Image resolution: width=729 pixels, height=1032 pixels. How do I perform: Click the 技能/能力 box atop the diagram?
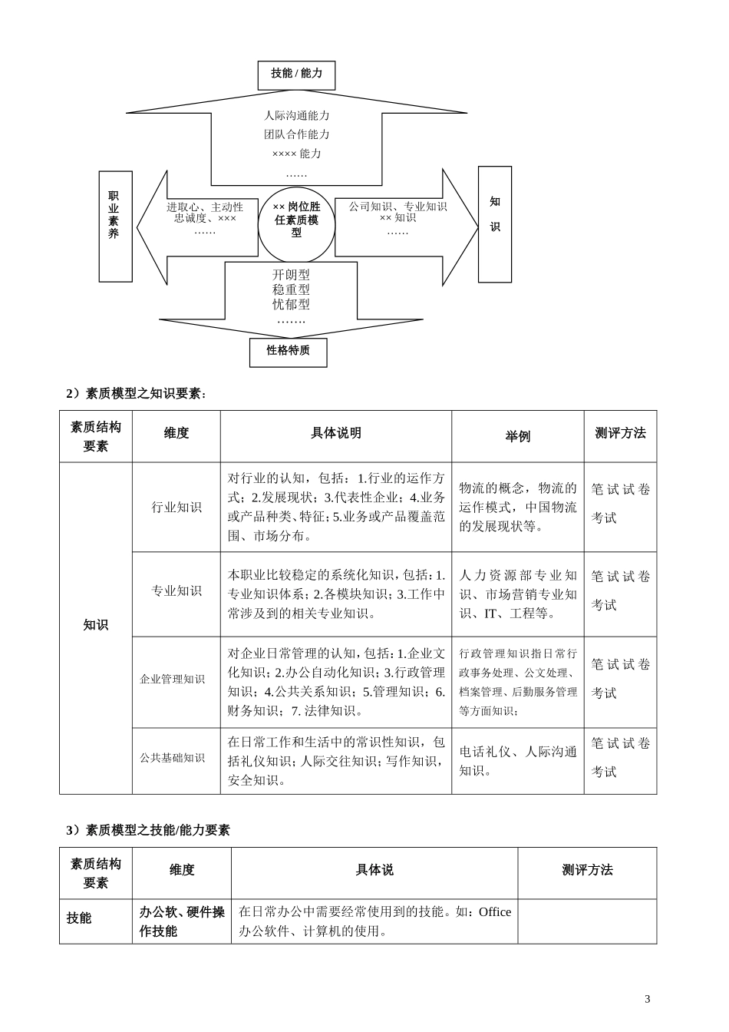pos(296,74)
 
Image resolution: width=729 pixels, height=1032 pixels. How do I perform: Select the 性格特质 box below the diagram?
pos(288,352)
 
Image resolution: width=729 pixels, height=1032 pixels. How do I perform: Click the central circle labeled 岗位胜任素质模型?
pos(296,220)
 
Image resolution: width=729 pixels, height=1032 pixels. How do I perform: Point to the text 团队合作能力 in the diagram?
pos(297,134)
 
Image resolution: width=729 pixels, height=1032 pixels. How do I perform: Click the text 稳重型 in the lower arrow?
pos(291,289)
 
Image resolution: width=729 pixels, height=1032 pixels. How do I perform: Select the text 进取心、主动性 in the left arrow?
pos(205,207)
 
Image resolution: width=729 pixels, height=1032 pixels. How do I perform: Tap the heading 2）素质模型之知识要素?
pos(137,394)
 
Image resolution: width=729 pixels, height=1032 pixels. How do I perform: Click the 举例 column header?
pos(517,436)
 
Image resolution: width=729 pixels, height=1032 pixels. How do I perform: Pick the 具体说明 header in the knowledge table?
pos(335,434)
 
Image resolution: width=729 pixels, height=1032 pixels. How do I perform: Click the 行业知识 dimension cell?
pos(176,508)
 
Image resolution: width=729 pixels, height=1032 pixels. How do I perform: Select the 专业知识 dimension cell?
pos(176,591)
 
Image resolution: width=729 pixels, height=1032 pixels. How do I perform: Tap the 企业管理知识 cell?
pos(173,680)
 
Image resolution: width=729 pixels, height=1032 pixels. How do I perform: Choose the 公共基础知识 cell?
pos(173,758)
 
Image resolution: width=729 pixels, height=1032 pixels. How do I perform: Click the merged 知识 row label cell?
pos(96,625)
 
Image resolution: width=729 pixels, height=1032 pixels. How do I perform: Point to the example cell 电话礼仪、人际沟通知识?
pos(518,761)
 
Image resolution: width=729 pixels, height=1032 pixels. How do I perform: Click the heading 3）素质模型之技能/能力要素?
pos(148,830)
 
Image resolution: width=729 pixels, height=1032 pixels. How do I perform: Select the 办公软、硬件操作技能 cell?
pos(182,921)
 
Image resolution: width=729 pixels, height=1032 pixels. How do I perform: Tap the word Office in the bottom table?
pos(494,912)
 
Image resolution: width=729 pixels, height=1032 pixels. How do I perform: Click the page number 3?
pos(648,999)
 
